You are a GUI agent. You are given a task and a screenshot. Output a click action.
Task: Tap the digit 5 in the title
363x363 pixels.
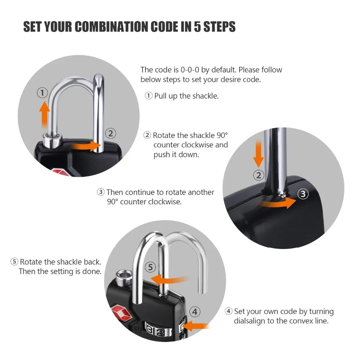tap(197, 26)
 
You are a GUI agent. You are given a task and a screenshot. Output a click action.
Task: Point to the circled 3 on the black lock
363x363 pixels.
tap(303, 194)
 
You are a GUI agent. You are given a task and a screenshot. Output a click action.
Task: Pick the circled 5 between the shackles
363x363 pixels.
tap(151, 267)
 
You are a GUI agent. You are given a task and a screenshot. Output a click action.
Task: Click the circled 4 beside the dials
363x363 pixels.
tap(195, 311)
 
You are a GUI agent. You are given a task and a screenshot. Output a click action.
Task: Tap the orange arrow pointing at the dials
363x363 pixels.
tap(197, 326)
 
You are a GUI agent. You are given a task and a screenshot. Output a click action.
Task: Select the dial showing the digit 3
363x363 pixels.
tap(150, 329)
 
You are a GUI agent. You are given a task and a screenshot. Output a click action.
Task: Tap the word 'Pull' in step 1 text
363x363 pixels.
tap(160, 96)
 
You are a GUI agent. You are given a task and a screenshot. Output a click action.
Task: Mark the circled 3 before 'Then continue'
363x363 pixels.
tap(101, 192)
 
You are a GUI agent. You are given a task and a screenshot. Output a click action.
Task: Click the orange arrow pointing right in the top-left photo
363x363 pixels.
tap(86, 146)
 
